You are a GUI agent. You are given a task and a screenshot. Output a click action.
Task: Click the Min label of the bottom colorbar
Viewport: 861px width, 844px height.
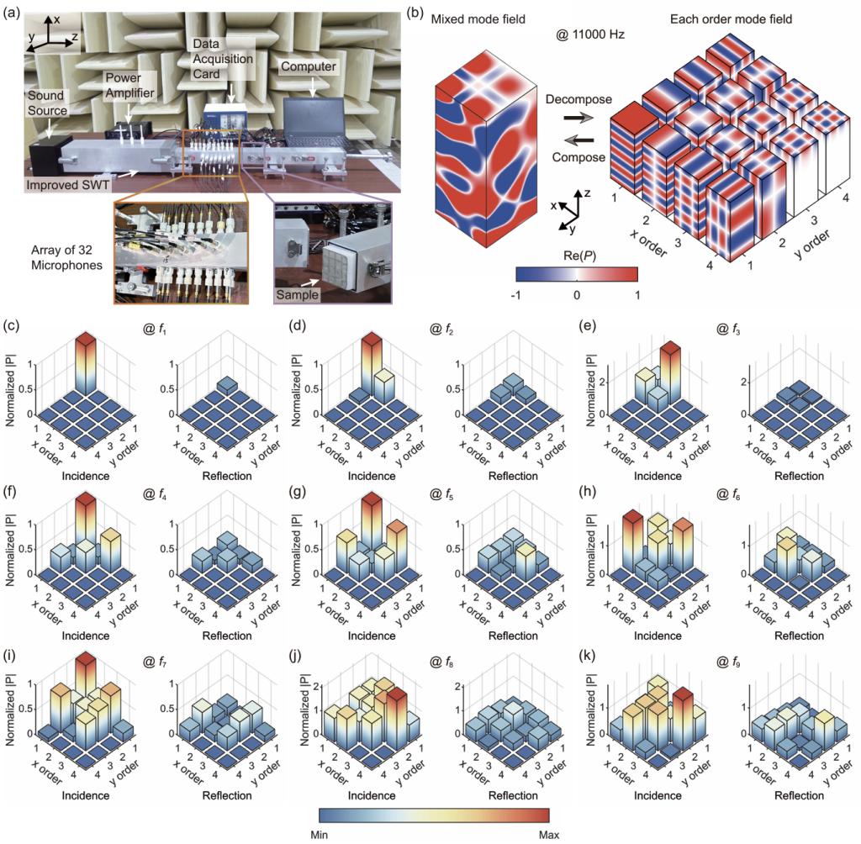319,834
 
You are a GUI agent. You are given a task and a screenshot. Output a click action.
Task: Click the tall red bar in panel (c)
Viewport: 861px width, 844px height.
85,363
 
